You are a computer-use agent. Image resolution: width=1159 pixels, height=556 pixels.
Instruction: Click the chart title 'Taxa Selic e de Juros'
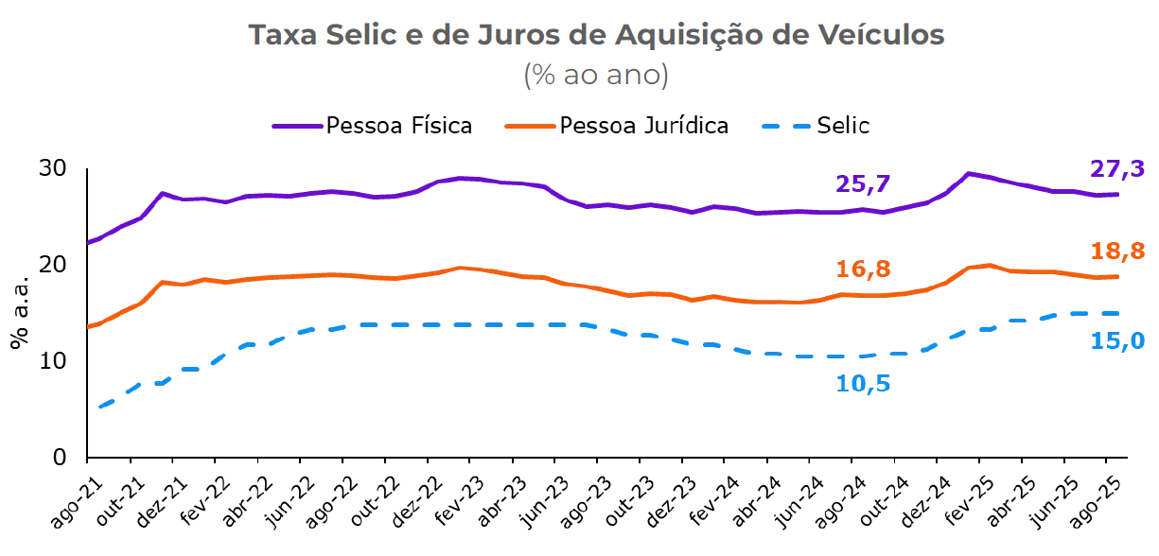(596, 35)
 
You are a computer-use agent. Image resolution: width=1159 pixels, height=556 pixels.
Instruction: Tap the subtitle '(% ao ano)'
(596, 75)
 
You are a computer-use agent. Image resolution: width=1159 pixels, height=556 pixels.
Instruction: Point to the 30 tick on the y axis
(55, 169)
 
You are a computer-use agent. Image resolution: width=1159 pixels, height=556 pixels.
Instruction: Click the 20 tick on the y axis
(55, 266)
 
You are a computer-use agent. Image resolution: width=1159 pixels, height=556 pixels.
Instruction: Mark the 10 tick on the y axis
(55, 361)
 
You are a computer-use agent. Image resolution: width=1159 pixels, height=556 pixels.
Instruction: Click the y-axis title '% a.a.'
(20, 313)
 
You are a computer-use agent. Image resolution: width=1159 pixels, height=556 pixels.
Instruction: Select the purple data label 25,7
(863, 184)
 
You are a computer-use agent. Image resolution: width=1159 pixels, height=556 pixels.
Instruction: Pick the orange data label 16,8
(863, 270)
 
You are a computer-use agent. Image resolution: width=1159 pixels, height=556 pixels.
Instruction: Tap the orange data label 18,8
(1116, 251)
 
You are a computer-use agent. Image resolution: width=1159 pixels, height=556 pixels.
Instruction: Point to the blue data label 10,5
(863, 384)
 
